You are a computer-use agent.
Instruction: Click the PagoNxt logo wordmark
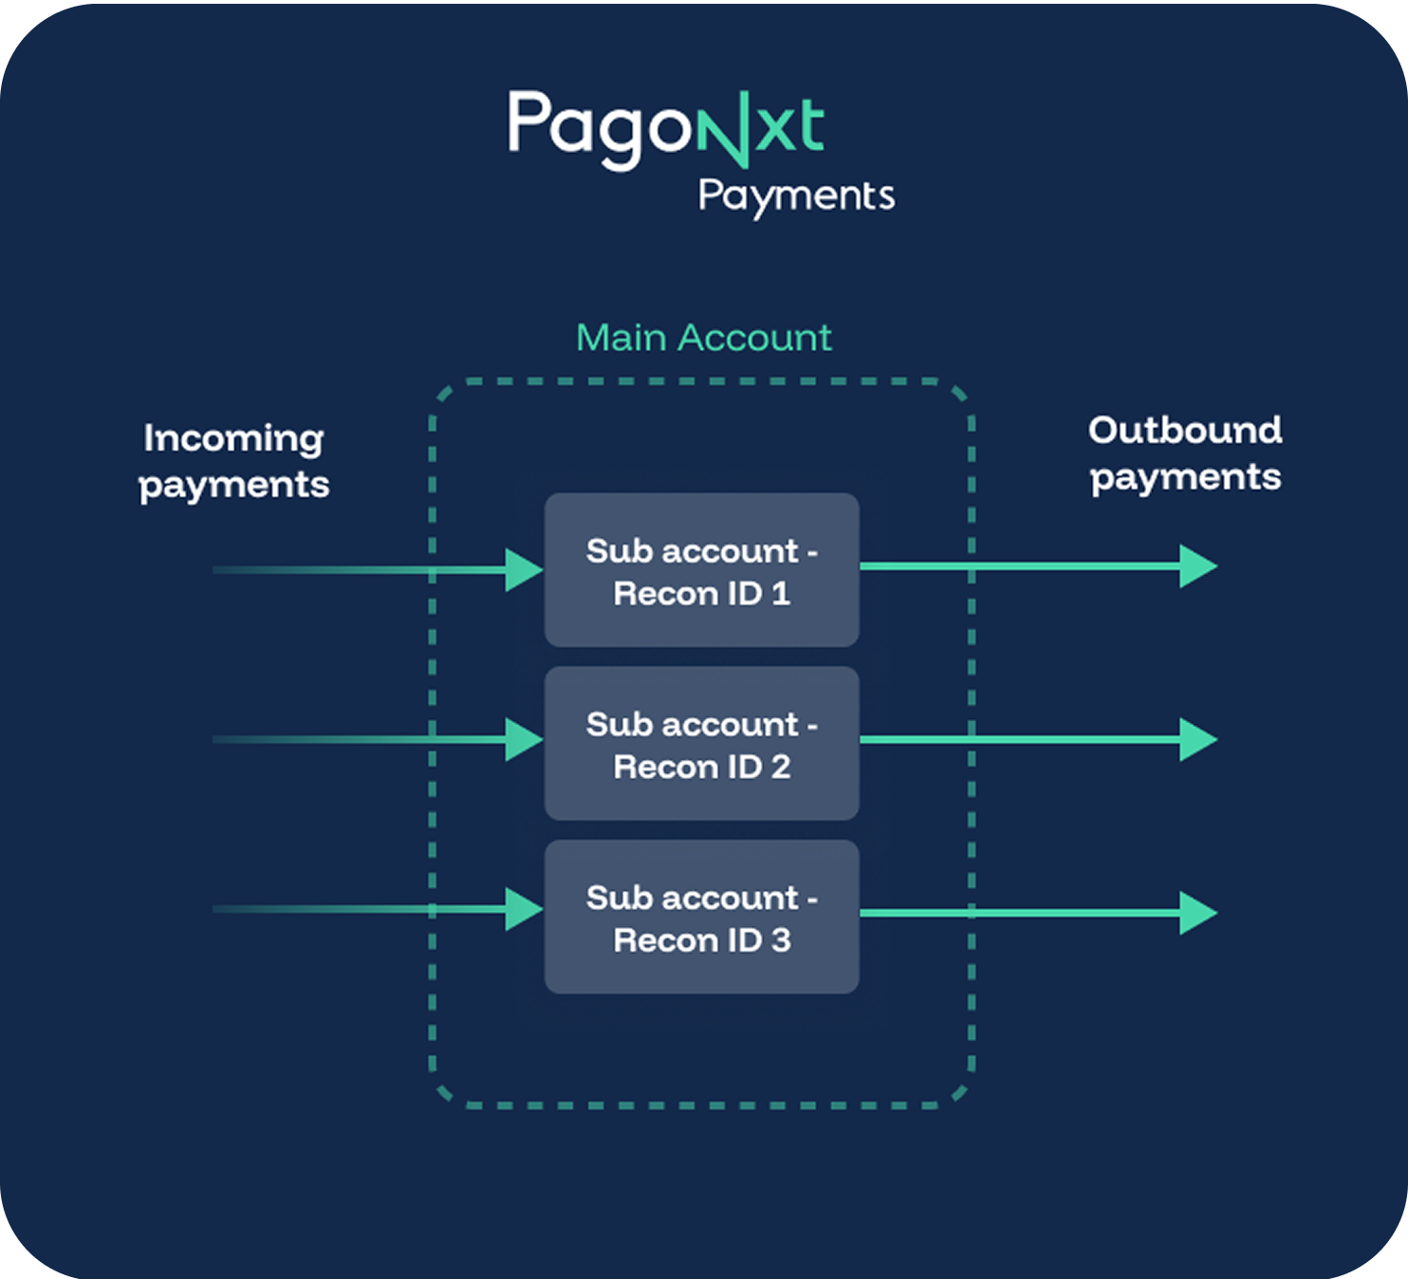664,127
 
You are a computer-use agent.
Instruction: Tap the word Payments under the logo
796,195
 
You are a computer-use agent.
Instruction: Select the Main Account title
703,338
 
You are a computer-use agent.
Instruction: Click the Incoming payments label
233,462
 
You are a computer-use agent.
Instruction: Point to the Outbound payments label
1185,454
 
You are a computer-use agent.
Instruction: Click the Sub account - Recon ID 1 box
701,570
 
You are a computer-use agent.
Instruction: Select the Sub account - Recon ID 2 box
701,744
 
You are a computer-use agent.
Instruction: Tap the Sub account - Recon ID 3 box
701,917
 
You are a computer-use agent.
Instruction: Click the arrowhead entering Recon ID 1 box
523,570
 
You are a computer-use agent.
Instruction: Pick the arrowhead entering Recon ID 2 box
523,739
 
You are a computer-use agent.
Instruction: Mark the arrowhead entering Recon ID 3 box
523,909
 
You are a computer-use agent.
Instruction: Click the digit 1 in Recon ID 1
781,594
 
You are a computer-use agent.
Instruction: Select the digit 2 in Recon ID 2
780,767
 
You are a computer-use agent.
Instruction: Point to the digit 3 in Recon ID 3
780,940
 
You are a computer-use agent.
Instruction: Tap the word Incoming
233,438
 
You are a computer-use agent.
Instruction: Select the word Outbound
1185,431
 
